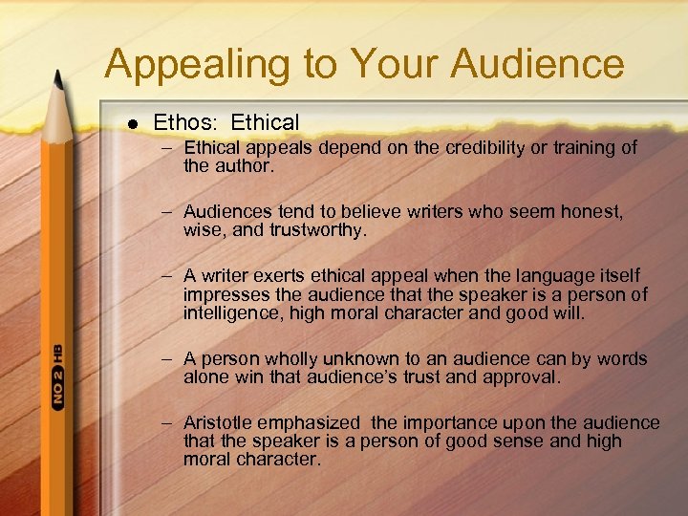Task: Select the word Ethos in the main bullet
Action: [176, 123]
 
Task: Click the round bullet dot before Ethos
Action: [131, 123]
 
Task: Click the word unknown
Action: [359, 359]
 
